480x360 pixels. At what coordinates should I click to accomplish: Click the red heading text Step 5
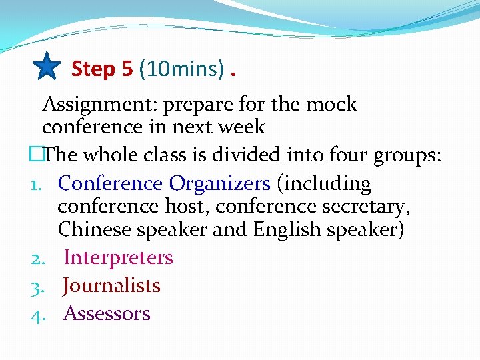[x=102, y=69]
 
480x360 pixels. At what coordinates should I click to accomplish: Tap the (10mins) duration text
[x=181, y=69]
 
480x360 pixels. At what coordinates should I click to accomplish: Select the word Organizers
[x=219, y=183]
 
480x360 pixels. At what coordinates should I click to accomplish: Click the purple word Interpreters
[x=118, y=257]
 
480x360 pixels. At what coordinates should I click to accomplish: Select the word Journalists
[x=111, y=285]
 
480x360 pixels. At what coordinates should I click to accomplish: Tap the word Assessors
[x=107, y=313]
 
